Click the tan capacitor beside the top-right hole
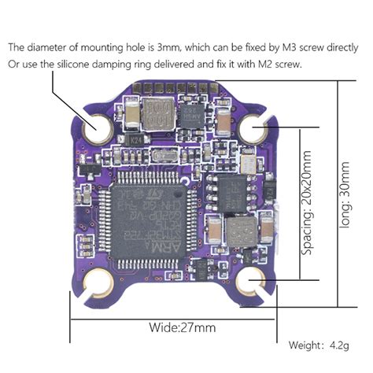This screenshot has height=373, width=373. click(225, 120)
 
